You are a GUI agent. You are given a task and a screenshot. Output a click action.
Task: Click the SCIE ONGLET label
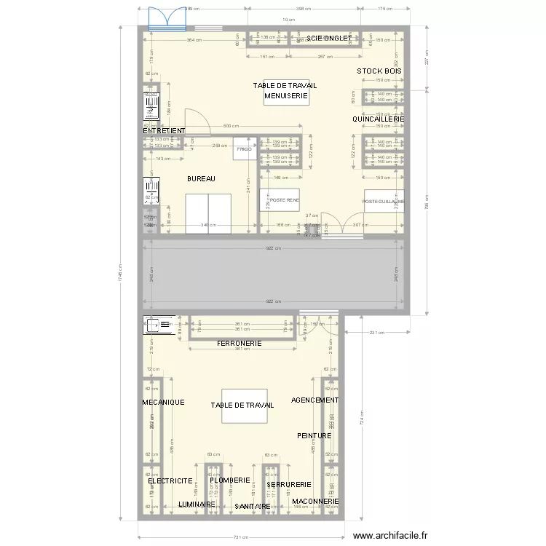point(328,38)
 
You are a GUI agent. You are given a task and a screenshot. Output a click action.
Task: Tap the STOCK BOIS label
point(379,71)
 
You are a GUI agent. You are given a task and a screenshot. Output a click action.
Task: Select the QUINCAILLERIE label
point(378,119)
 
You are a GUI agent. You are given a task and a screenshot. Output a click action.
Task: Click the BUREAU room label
point(202,178)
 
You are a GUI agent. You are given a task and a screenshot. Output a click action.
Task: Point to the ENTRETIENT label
point(165,131)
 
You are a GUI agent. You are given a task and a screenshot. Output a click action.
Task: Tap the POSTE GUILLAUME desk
point(384,200)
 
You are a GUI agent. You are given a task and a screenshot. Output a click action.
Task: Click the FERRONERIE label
point(239,342)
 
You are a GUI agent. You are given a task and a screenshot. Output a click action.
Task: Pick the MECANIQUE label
point(163,402)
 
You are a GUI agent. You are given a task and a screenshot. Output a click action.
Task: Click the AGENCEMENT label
point(314,400)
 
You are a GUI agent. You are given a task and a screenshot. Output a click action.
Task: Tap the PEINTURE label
point(314,435)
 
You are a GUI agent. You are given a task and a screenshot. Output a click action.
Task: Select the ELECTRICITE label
point(170,481)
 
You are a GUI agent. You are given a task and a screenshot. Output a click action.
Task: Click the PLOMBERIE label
point(229,480)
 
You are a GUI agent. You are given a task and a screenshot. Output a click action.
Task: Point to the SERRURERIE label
point(289,484)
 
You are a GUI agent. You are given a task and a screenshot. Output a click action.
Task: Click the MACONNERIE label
point(315,501)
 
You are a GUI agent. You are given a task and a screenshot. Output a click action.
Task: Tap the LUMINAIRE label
point(197,504)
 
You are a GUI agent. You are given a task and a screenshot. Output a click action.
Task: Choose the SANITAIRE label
point(253,506)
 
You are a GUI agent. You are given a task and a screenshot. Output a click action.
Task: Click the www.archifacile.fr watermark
point(391,536)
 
